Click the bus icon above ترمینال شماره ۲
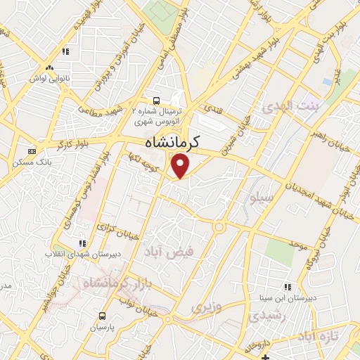coord(155,100)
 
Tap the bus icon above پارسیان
coord(103,316)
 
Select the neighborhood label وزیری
coord(207,307)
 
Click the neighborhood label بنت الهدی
coord(290,106)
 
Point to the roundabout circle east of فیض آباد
coord(219,227)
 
